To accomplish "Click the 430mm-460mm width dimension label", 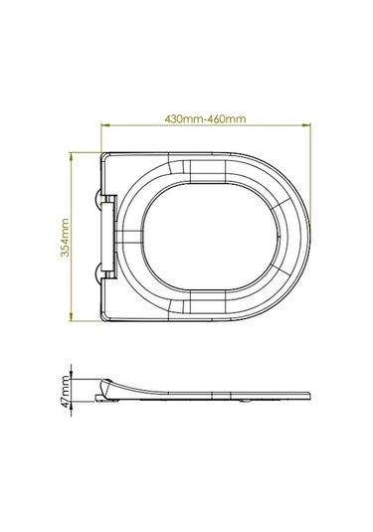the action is pyautogui.click(x=205, y=119).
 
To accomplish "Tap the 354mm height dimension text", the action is pyautogui.click(x=65, y=238).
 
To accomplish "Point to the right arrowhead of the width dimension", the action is pyautogui.click(x=306, y=125).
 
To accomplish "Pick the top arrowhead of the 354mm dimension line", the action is pyautogui.click(x=71, y=156).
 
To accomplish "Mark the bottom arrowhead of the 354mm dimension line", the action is pyautogui.click(x=71, y=317).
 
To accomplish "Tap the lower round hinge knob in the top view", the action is pyautogui.click(x=98, y=274).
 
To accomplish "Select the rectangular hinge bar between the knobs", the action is pyautogui.click(x=108, y=237).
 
